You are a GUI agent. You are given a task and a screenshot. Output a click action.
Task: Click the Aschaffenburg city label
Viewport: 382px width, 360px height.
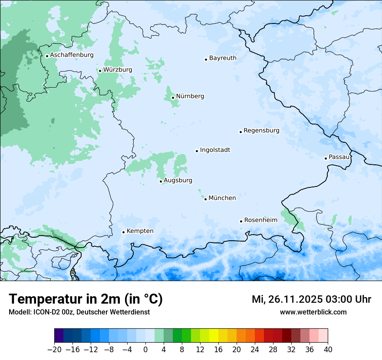72,55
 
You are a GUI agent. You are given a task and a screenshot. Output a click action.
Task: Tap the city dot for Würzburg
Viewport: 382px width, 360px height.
100,71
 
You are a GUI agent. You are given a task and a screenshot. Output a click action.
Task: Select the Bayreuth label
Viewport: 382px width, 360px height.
223,58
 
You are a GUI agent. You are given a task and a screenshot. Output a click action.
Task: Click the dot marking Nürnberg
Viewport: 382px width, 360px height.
173,98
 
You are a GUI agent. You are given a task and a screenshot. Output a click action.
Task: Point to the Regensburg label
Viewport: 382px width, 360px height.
261,131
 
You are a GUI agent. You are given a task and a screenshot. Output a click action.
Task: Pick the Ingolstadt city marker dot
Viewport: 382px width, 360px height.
197,151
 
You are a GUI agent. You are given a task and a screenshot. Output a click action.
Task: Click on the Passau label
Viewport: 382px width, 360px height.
339,157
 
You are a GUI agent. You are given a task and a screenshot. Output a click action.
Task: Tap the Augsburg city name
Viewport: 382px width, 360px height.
178,180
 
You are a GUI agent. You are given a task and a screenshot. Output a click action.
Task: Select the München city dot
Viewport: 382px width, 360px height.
205,199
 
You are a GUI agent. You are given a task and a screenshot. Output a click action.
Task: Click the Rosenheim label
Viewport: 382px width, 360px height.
260,220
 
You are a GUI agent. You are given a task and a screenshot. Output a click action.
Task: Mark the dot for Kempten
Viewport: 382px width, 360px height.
123,232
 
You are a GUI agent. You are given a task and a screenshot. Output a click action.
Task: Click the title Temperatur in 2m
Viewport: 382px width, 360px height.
86,299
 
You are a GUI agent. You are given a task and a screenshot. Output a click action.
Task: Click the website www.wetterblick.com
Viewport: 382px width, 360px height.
313,312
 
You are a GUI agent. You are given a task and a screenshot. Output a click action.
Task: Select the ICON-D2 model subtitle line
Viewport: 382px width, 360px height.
79,312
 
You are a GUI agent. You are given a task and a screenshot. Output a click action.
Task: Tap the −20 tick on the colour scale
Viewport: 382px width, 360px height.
54,350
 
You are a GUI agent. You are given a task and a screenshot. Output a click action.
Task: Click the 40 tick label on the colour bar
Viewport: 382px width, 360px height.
328,350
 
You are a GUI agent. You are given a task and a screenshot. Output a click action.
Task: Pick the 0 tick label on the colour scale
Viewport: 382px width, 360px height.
145,350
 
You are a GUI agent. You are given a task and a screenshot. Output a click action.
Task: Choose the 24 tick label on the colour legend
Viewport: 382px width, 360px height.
255,350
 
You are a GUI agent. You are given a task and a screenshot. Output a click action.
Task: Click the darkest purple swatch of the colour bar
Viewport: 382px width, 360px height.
59,336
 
